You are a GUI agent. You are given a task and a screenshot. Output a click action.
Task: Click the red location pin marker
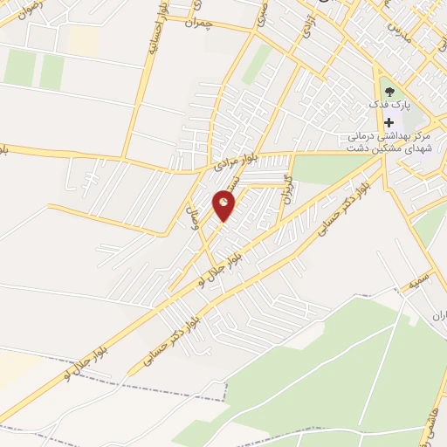224,205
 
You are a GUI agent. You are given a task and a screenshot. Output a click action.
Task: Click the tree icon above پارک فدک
389,90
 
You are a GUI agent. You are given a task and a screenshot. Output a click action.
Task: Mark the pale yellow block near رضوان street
82,38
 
